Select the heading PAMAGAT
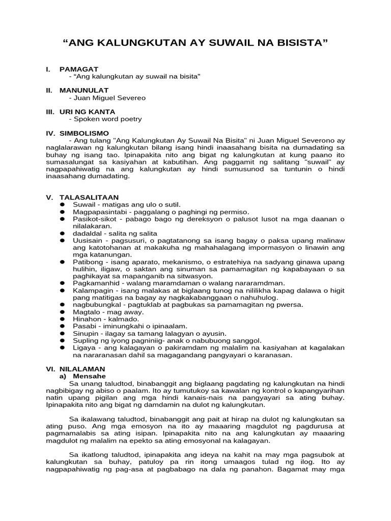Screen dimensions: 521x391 click(x=79, y=69)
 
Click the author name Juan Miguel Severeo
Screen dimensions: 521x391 click(x=110, y=97)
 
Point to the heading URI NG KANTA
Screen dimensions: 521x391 click(x=87, y=111)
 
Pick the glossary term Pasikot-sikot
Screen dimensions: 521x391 click(x=93, y=219)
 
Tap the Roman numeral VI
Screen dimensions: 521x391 click(x=51, y=368)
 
